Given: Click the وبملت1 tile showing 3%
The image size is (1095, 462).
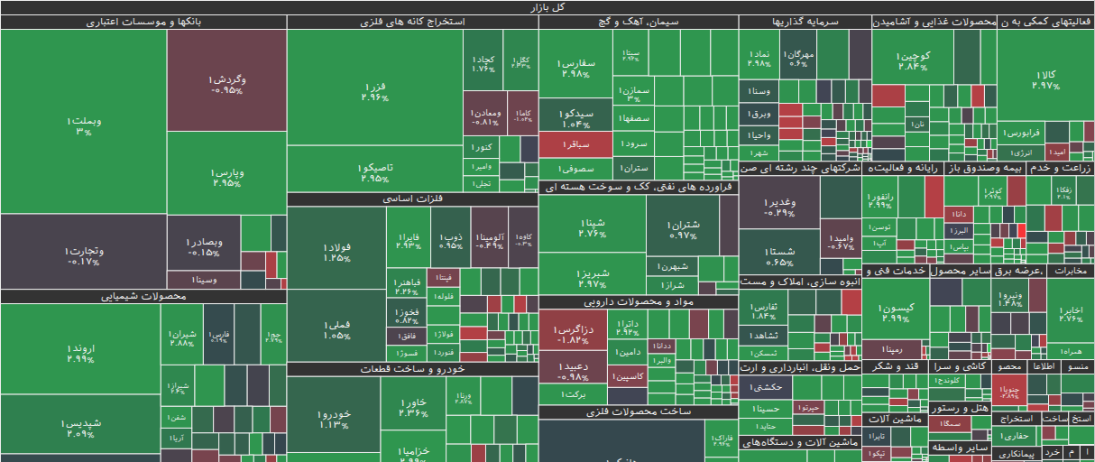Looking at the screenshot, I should (x=84, y=125).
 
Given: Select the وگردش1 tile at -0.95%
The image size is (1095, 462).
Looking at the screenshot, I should (x=226, y=84).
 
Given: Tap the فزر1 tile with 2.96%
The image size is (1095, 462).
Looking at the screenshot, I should (x=374, y=91).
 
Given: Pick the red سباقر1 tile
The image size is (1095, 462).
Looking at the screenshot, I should (x=577, y=143).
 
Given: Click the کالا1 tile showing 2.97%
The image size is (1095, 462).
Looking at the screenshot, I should (x=1046, y=79).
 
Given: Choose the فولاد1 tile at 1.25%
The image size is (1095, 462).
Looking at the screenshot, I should (x=336, y=253).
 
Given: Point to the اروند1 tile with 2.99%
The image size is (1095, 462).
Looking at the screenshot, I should (x=80, y=353).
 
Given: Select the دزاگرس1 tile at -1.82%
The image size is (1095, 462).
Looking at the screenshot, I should (x=574, y=335).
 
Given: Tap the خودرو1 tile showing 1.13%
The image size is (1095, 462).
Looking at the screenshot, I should (x=333, y=420).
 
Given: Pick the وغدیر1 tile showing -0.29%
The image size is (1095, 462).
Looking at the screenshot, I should (x=778, y=208).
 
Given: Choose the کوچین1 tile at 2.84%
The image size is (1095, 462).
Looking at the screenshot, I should (x=913, y=60).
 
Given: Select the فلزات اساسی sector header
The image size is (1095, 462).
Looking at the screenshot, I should (x=412, y=199).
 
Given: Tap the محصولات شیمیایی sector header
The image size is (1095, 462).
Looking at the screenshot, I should (x=143, y=295).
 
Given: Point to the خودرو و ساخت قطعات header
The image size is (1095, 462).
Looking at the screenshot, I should (x=412, y=368).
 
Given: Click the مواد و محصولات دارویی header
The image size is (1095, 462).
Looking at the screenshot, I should (x=638, y=301).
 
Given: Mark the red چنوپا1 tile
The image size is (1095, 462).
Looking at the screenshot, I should (x=1009, y=391).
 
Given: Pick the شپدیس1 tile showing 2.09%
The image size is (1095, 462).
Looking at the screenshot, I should (x=80, y=428).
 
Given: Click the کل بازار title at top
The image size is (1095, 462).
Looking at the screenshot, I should (x=547, y=7).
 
